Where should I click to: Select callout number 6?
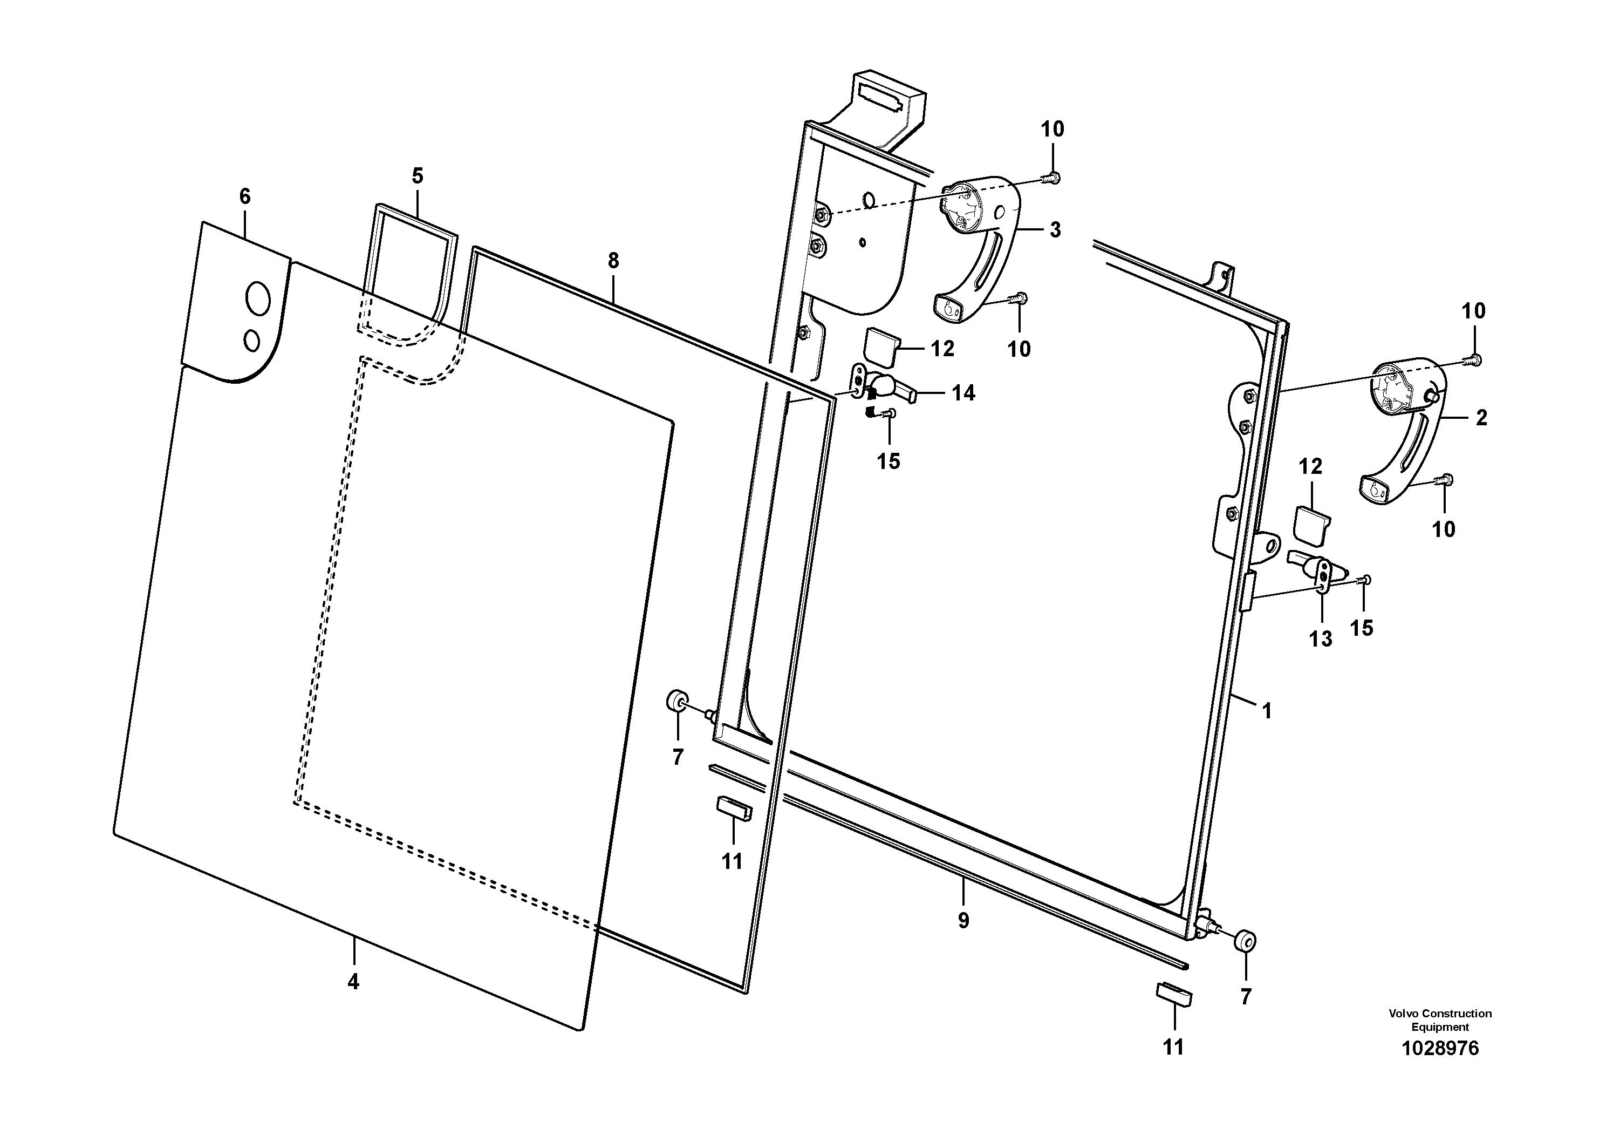click(x=245, y=196)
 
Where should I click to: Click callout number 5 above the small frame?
click(x=418, y=175)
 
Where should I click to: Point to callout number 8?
click(x=613, y=261)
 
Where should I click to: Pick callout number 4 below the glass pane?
click(x=353, y=982)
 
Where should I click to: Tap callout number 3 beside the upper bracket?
click(x=1055, y=229)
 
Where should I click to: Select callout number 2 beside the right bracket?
click(x=1481, y=418)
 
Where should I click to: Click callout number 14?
click(x=962, y=393)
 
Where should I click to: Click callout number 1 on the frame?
click(x=1266, y=711)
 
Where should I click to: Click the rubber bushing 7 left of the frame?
click(x=677, y=700)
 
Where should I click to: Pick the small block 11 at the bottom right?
click(x=1174, y=994)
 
